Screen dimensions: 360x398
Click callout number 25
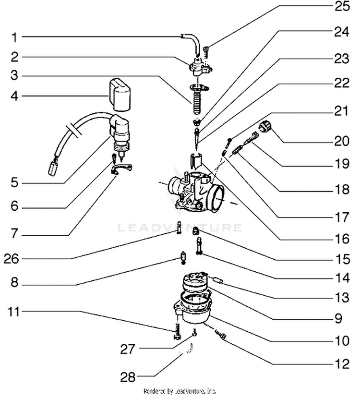coord(342,6)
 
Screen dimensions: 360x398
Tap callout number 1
coord(14,37)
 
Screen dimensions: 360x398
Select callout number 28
coord(128,377)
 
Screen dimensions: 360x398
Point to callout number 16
coord(342,239)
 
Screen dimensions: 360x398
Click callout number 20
coord(342,141)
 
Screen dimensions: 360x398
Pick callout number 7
coord(14,233)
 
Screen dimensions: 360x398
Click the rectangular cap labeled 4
coord(120,95)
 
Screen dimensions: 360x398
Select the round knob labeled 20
coord(265,126)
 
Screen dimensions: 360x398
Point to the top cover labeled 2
coord(201,67)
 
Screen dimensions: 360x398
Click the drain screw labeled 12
coord(221,334)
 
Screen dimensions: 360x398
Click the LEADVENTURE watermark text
coord(180,228)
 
